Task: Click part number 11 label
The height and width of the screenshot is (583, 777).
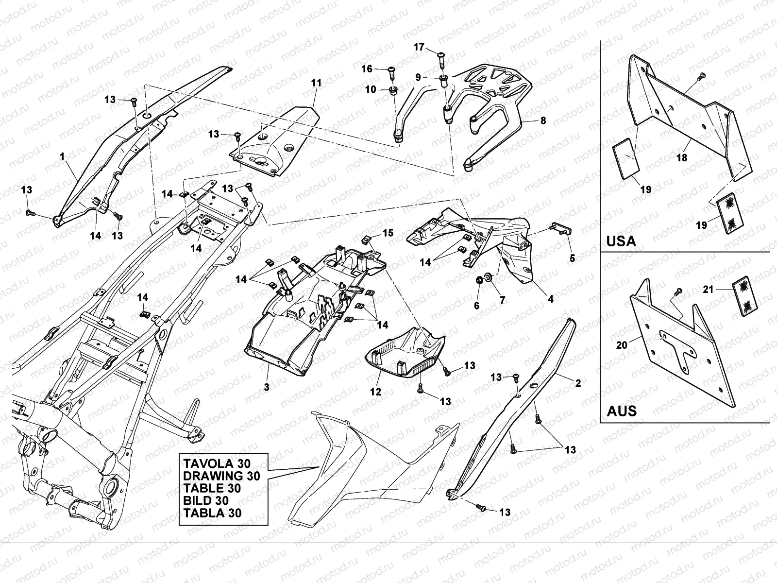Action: pyautogui.click(x=316, y=83)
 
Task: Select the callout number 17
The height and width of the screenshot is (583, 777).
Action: pyautogui.click(x=419, y=47)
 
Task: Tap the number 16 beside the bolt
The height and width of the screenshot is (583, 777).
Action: pyautogui.click(x=367, y=69)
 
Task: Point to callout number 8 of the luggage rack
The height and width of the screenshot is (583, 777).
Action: pyautogui.click(x=543, y=120)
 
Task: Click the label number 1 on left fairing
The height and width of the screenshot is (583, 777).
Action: pyautogui.click(x=62, y=156)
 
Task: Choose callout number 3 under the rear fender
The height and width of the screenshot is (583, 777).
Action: pyautogui.click(x=267, y=387)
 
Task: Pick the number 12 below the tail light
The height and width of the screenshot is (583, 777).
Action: pyautogui.click(x=376, y=392)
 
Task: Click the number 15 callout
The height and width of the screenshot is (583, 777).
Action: pyautogui.click(x=388, y=233)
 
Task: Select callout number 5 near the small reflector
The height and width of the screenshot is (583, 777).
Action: pyautogui.click(x=573, y=258)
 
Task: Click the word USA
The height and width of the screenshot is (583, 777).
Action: pyautogui.click(x=621, y=241)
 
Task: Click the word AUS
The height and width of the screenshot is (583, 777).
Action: pyautogui.click(x=622, y=411)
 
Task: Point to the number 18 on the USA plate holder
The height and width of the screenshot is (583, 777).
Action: pyautogui.click(x=682, y=158)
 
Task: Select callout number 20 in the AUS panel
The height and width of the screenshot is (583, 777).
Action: pyautogui.click(x=622, y=345)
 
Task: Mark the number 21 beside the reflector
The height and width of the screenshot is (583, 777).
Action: pyautogui.click(x=709, y=290)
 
